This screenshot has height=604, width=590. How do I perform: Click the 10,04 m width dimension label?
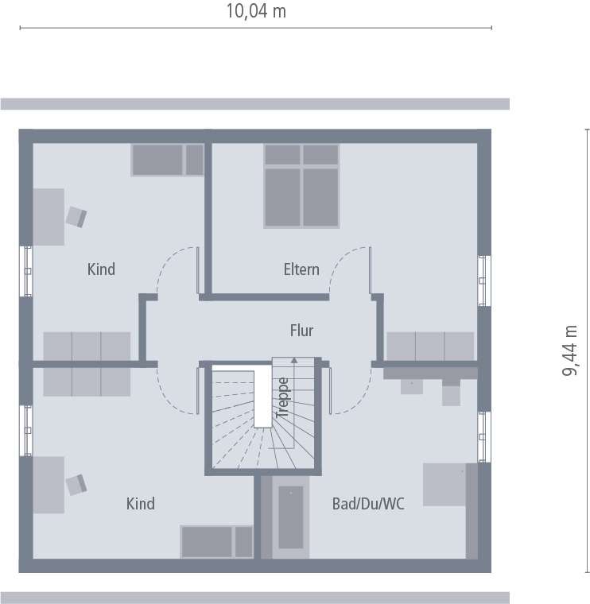pos(256,11)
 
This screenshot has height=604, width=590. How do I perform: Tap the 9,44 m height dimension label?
pos(570,352)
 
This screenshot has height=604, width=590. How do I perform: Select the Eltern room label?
pos(301,269)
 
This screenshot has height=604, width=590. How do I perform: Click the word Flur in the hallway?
pos(301,331)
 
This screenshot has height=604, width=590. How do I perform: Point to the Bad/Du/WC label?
pos(368,504)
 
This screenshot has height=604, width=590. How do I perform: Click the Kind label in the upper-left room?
pos(101,269)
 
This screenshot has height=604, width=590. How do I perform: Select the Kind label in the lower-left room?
pos(140,504)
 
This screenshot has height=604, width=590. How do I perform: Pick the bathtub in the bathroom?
pos(290,516)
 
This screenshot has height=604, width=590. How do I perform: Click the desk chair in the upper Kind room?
pos(76,216)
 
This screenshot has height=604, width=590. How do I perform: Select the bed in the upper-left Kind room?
pos(167,160)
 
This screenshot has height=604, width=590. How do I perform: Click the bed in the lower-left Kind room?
pos(216,541)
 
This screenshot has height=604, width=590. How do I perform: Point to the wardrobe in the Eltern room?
pos(430,346)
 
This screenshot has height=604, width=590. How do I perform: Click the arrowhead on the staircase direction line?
pos(294,360)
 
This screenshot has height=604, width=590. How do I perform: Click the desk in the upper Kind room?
pos(49,216)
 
